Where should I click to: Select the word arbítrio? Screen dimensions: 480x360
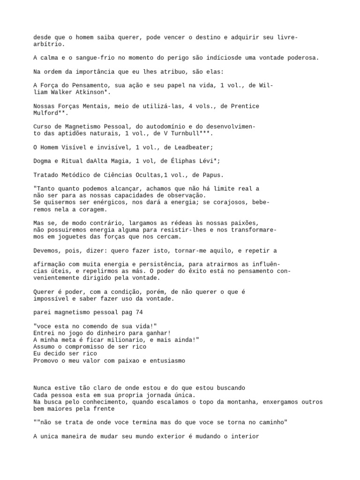(x=49, y=45)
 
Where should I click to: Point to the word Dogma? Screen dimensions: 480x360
(x=44, y=161)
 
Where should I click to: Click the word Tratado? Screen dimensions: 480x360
(x=47, y=175)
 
